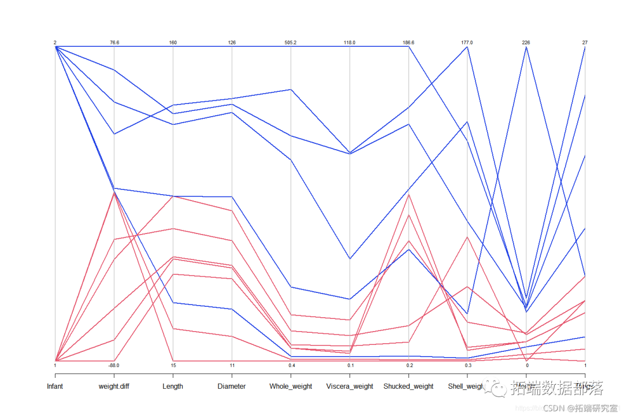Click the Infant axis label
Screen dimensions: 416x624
[55, 387]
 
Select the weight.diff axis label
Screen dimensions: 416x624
[114, 387]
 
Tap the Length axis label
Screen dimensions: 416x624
[173, 387]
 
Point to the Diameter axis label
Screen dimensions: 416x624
[232, 387]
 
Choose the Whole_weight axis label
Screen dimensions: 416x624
[291, 387]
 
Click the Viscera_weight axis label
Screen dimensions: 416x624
[350, 387]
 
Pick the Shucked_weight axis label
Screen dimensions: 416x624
[408, 387]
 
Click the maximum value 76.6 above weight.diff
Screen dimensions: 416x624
[114, 43]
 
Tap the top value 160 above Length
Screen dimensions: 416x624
[173, 43]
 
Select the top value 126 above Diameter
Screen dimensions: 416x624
[232, 43]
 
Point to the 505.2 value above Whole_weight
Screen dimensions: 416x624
[291, 43]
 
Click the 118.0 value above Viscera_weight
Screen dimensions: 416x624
[350, 43]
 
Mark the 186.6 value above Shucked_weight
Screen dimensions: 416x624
[408, 43]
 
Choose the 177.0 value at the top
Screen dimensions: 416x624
[467, 43]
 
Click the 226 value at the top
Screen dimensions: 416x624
[526, 43]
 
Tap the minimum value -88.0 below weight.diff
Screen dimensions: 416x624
[114, 365]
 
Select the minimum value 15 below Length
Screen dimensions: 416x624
[173, 365]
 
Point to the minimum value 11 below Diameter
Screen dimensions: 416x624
[232, 365]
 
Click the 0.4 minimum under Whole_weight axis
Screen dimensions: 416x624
[291, 365]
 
